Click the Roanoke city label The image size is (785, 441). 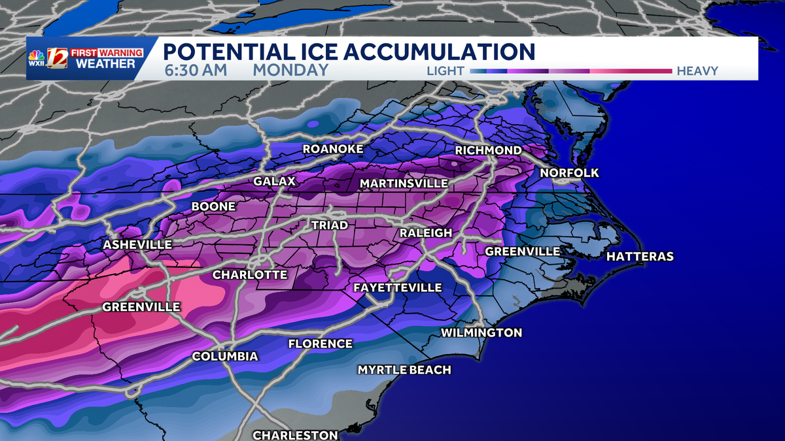tap(332, 150)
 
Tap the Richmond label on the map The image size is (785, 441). tap(489, 150)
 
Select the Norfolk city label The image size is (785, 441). tap(569, 173)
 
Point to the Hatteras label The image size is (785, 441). tap(640, 257)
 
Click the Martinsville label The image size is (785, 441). tap(404, 184)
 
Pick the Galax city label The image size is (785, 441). tap(275, 181)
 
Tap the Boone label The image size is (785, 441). tap(213, 207)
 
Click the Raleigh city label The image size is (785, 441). tap(426, 233)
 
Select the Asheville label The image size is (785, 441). tap(137, 244)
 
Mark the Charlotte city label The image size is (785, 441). tap(250, 274)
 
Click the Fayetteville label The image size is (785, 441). tap(397, 287)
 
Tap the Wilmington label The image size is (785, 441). tap(481, 333)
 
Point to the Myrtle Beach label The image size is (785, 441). tap(404, 370)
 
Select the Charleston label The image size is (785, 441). tap(296, 434)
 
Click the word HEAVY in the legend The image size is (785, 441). tap(697, 71)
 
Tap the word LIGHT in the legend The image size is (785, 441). tap(445, 71)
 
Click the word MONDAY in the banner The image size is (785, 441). tap(290, 70)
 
